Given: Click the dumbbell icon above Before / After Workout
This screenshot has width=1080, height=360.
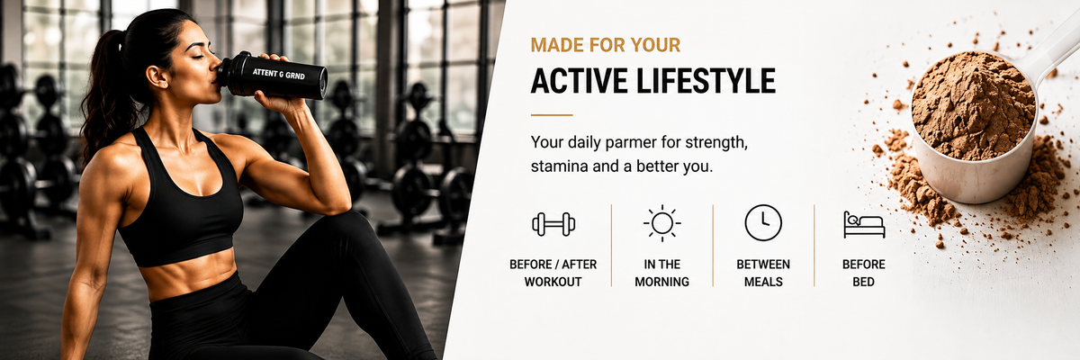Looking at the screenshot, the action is (553, 224).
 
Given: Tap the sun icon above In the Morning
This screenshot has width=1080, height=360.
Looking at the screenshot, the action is (662, 223).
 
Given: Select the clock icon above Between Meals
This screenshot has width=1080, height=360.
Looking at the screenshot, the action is (763, 222).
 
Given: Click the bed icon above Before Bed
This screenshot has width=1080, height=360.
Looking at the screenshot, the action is (865, 224).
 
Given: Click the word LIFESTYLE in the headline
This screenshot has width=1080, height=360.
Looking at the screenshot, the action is (706, 80).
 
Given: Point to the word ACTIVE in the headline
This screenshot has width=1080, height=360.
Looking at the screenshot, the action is (579, 80).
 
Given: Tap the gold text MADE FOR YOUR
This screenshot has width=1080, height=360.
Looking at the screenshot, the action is (606, 45).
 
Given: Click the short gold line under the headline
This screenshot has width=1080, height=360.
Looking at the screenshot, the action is (552, 115).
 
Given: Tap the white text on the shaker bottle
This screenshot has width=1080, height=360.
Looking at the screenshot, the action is (279, 74).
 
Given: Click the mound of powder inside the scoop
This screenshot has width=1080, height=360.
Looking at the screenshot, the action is (973, 105).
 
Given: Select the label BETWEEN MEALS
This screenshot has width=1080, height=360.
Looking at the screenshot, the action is (763, 273).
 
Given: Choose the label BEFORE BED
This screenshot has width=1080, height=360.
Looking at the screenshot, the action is (863, 273).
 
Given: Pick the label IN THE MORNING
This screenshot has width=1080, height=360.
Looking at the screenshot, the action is (662, 273).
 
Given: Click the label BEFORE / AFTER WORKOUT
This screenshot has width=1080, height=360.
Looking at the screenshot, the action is (553, 273).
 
